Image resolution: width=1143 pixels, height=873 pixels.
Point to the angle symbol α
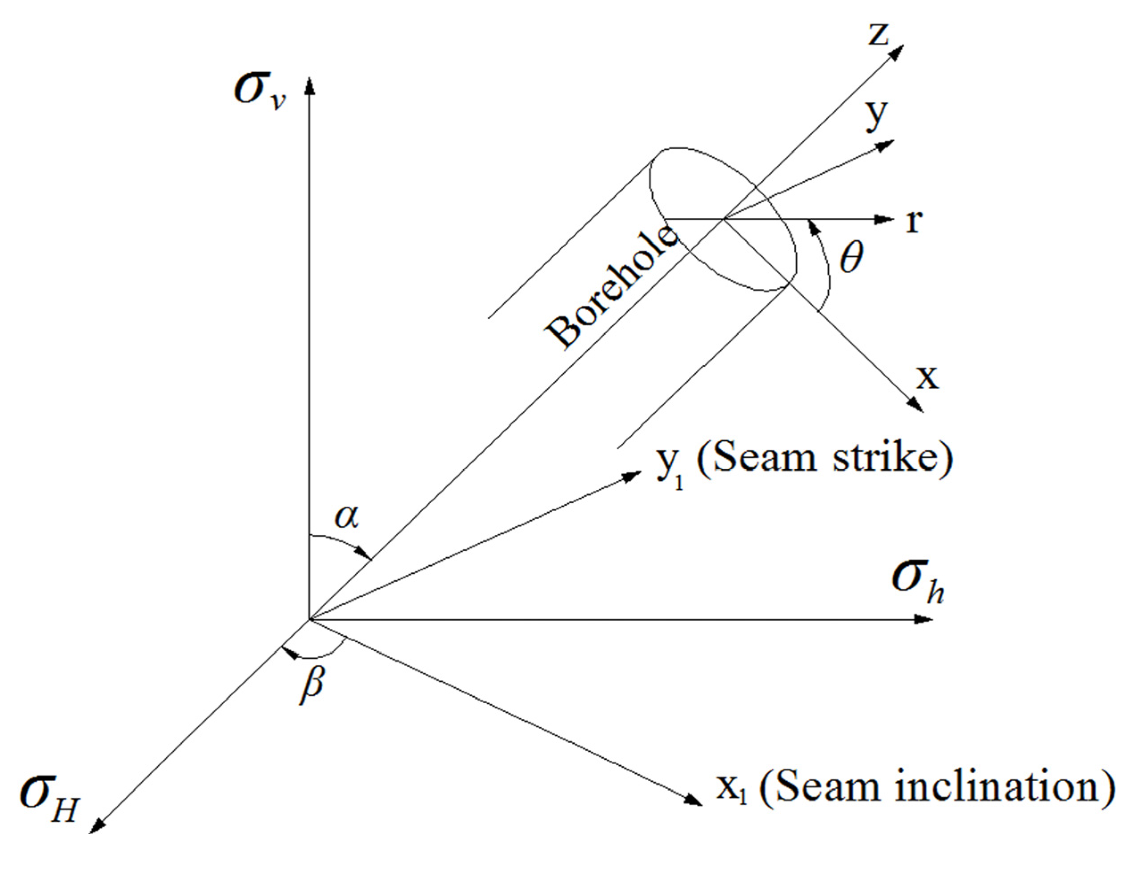click(x=347, y=516)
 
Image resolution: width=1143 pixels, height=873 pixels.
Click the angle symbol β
click(x=312, y=685)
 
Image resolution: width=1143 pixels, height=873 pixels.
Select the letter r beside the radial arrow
click(x=914, y=222)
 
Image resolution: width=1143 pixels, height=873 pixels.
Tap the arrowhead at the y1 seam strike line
click(x=633, y=475)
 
